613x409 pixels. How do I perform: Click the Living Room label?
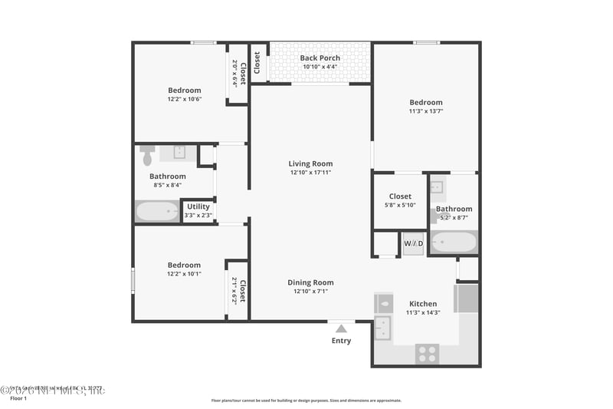310,163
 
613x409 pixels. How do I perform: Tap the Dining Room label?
310,282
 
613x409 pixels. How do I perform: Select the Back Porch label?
320,58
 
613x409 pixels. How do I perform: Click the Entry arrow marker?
341,328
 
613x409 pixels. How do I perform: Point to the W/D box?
414,244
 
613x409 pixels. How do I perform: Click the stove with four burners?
427,353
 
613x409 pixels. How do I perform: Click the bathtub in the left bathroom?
157,210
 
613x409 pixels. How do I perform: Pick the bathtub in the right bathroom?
454,242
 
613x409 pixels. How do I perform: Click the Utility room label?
198,206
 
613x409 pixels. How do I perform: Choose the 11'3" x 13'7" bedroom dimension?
425,111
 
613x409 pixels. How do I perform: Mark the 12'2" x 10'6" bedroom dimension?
184,99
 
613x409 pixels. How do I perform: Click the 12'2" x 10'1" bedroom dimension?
184,274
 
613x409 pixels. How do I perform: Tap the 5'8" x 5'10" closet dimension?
400,205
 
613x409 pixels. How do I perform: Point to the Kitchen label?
423,304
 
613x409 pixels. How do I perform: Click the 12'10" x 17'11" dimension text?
310,172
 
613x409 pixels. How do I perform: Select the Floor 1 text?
18,399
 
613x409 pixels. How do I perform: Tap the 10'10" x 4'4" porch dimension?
320,67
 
